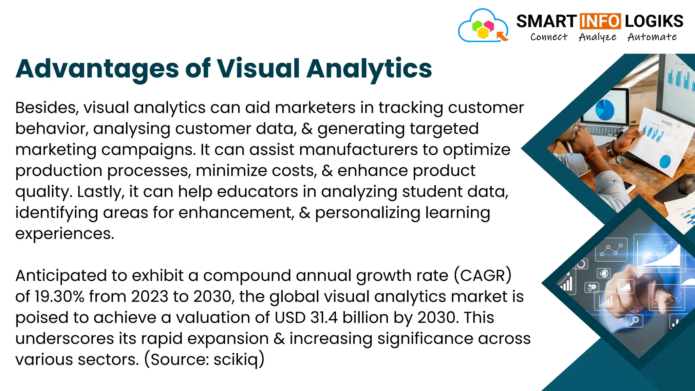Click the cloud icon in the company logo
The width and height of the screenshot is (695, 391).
(x=483, y=26)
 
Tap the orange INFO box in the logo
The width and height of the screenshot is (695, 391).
(x=600, y=21)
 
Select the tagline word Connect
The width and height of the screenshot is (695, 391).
(x=549, y=37)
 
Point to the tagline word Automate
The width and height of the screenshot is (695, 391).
(x=652, y=37)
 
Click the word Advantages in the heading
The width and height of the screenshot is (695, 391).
(x=97, y=69)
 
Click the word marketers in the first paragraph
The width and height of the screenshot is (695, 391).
(x=315, y=108)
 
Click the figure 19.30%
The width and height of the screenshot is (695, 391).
(x=59, y=297)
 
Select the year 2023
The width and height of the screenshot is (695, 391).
(x=150, y=297)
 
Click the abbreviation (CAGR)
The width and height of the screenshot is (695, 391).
(x=483, y=276)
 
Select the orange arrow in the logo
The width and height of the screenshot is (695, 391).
(x=502, y=36)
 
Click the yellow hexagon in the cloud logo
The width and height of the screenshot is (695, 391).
(x=483, y=33)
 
